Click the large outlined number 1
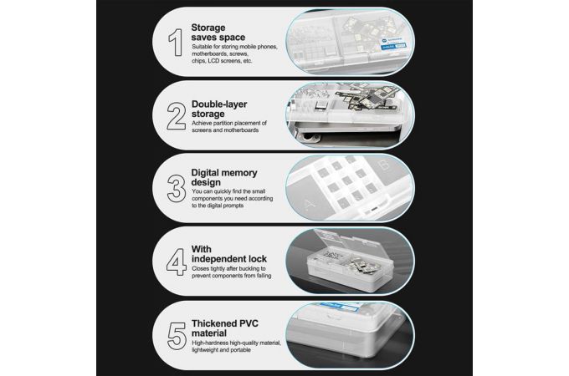point(177,43)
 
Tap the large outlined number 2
point(177,116)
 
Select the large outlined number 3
point(177,189)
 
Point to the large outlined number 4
point(177,262)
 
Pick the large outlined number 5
point(177,336)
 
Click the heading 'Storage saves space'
point(218,33)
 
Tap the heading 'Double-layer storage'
point(219,109)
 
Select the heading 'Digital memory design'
point(224,177)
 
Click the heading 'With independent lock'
point(229,254)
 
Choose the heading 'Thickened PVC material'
point(224,328)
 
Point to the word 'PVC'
point(248,323)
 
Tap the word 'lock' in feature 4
point(258,259)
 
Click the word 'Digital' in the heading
point(206,173)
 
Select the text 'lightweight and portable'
point(221,350)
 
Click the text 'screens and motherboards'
point(225,130)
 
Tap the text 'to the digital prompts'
point(218,206)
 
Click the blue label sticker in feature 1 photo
point(393,43)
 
